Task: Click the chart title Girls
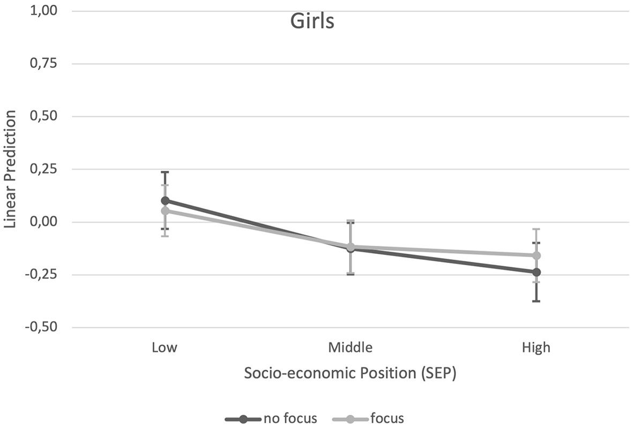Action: coord(312,21)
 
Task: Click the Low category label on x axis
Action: coord(165,348)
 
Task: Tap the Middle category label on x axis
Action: coord(350,348)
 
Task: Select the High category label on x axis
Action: coord(536,348)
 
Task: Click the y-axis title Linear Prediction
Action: coord(10,169)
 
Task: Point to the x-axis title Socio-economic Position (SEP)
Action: coord(350,373)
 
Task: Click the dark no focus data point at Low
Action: coord(165,201)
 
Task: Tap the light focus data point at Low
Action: coord(165,211)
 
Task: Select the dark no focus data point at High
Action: coord(536,272)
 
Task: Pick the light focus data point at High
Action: coord(536,255)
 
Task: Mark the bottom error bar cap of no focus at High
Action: coord(536,301)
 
